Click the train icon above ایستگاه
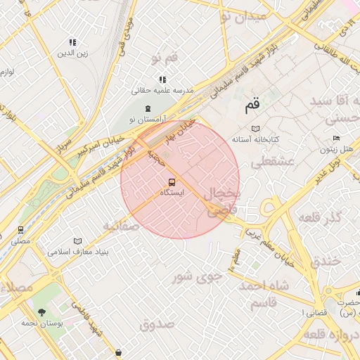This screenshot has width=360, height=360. (x=172, y=183)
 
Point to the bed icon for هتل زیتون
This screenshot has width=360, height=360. (x=336, y=139)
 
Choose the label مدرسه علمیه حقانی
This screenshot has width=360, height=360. (x=162, y=91)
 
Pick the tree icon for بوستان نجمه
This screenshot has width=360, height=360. (x=41, y=311)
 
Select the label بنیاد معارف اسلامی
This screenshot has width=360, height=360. (x=77, y=251)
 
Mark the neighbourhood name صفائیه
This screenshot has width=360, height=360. (x=119, y=226)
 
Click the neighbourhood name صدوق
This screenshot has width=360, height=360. (x=156, y=324)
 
